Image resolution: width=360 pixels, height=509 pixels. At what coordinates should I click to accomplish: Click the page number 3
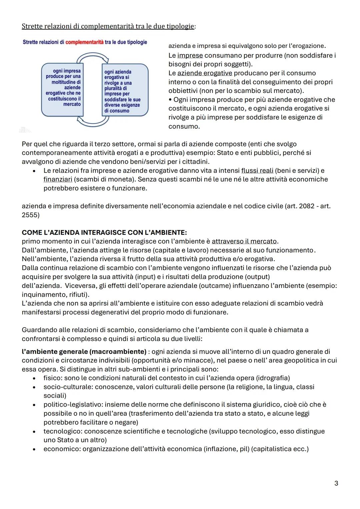click(x=336, y=483)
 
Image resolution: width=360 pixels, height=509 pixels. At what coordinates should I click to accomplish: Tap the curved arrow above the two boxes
click(x=93, y=59)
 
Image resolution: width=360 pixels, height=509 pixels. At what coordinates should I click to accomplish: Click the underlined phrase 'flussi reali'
click(x=257, y=171)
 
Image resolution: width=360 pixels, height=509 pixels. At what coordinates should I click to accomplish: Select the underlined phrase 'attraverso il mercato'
click(x=244, y=241)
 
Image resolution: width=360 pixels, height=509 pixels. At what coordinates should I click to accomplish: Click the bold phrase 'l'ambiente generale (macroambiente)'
click(x=84, y=351)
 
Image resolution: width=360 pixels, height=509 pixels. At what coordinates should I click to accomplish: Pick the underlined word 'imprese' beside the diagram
click(x=190, y=55)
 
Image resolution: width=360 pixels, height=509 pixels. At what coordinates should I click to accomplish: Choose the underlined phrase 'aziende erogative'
click(x=204, y=73)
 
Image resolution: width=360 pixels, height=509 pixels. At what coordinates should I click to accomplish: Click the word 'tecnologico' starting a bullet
click(x=60, y=431)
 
